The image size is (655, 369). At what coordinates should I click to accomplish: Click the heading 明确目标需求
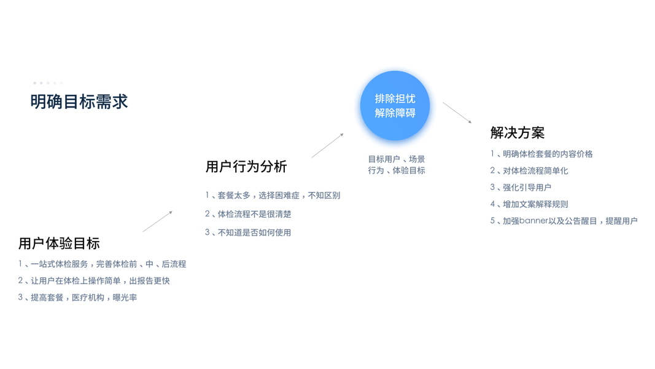point(79,101)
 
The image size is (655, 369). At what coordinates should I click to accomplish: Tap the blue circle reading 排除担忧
point(395,106)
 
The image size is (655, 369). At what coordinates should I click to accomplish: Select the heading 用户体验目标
point(59,244)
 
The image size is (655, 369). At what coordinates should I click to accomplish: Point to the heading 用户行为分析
point(246,167)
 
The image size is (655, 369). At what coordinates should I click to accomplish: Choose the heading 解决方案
point(517,133)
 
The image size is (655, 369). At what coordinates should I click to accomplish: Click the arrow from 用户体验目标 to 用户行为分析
point(158,221)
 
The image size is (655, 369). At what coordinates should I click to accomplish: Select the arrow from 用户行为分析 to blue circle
point(328,145)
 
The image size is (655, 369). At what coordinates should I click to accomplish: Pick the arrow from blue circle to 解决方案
point(457,113)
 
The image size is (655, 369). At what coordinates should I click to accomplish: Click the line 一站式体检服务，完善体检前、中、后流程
point(102,264)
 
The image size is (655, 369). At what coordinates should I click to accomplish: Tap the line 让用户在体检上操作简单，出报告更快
point(94,280)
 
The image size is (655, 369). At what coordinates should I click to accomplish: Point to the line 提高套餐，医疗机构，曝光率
point(77,297)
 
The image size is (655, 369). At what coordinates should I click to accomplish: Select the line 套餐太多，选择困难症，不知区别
point(273,196)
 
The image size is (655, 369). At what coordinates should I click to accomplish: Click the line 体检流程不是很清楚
point(248,214)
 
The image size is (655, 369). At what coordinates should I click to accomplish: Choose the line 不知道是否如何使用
point(248,232)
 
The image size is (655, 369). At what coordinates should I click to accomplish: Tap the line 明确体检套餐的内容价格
point(541,154)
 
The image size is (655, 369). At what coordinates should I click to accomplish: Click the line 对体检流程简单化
point(529,170)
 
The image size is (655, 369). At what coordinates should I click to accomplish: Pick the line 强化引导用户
point(521,187)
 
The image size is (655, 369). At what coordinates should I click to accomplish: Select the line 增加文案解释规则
point(529,204)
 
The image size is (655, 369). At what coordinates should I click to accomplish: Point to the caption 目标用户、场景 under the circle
point(397,159)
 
